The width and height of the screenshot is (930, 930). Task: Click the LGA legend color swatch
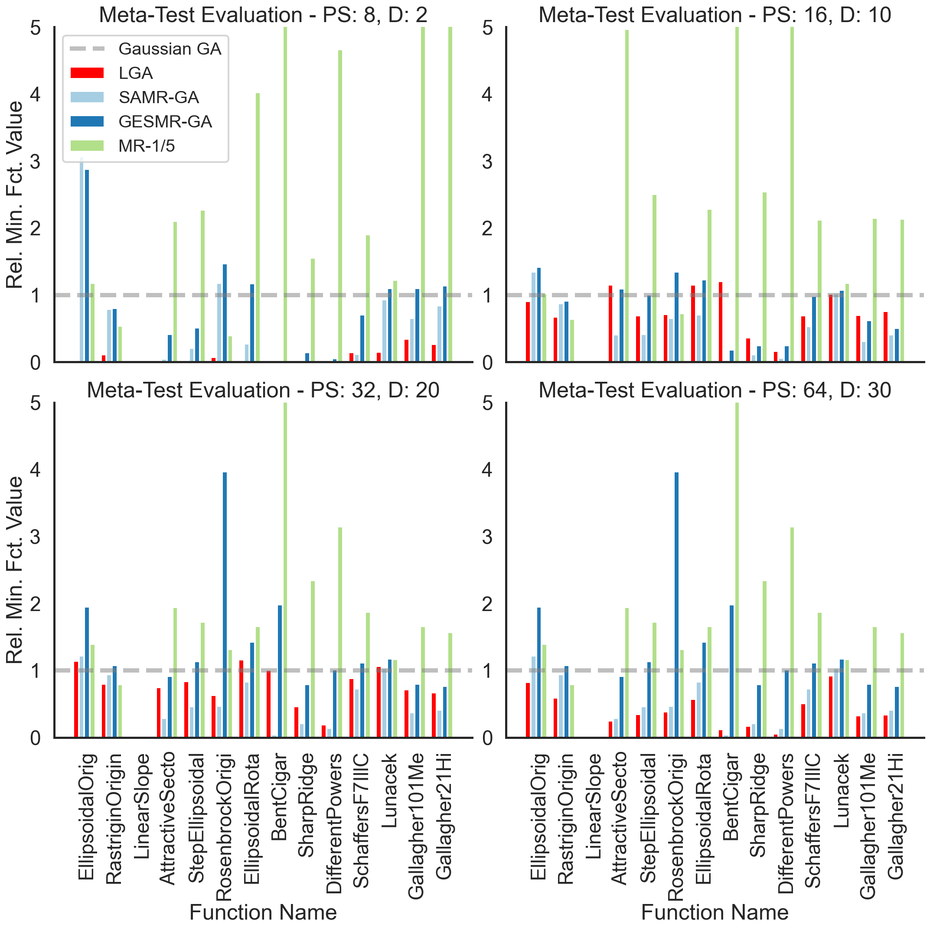pyautogui.click(x=87, y=73)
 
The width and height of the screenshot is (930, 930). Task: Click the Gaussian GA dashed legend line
pyautogui.click(x=87, y=49)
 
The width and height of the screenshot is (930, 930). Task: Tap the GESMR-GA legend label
pyautogui.click(x=165, y=121)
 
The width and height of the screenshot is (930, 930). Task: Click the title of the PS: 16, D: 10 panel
pyautogui.click(x=715, y=14)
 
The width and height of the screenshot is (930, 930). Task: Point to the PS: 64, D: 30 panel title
pyautogui.click(x=715, y=390)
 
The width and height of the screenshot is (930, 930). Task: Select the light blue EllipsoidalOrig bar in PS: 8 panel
pyautogui.click(x=82, y=260)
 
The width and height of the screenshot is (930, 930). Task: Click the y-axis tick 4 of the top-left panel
pyautogui.click(x=35, y=94)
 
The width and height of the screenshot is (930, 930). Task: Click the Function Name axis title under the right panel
pyautogui.click(x=715, y=912)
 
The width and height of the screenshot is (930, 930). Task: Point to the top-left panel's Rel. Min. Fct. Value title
pyautogui.click(x=14, y=195)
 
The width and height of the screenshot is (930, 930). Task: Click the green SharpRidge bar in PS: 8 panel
pyautogui.click(x=313, y=310)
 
